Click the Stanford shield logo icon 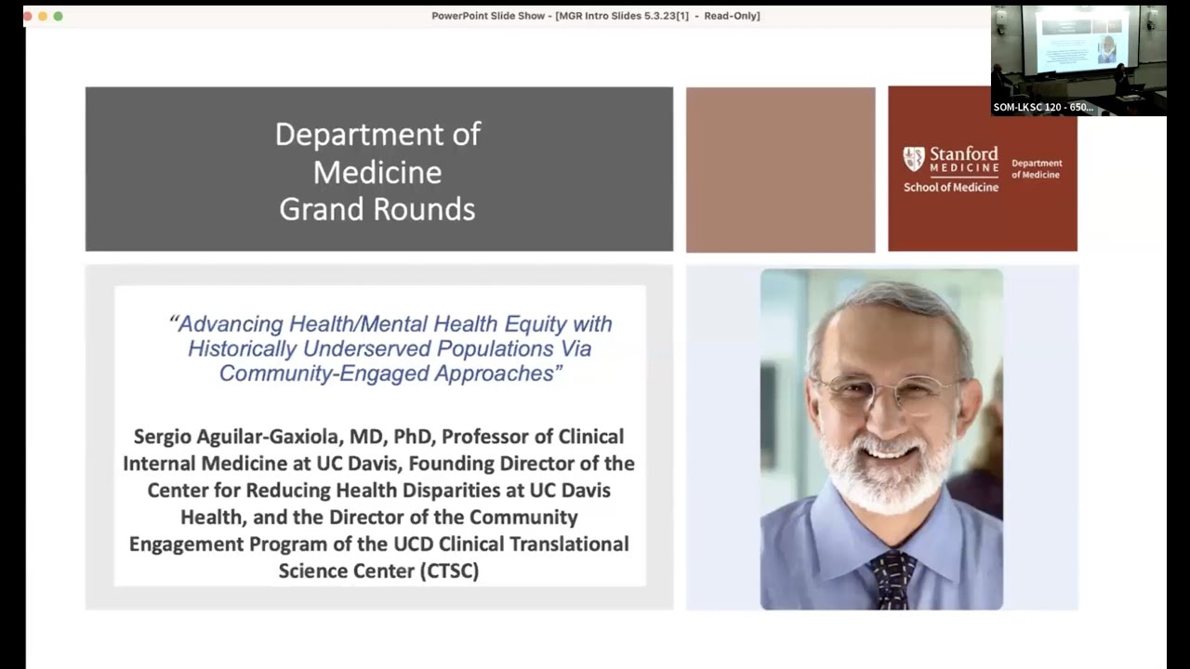click(914, 159)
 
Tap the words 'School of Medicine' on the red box click(950, 187)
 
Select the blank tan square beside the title click(780, 169)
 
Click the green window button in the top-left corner click(58, 16)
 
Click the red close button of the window click(27, 16)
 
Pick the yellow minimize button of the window click(42, 16)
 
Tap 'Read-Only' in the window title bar click(732, 16)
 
